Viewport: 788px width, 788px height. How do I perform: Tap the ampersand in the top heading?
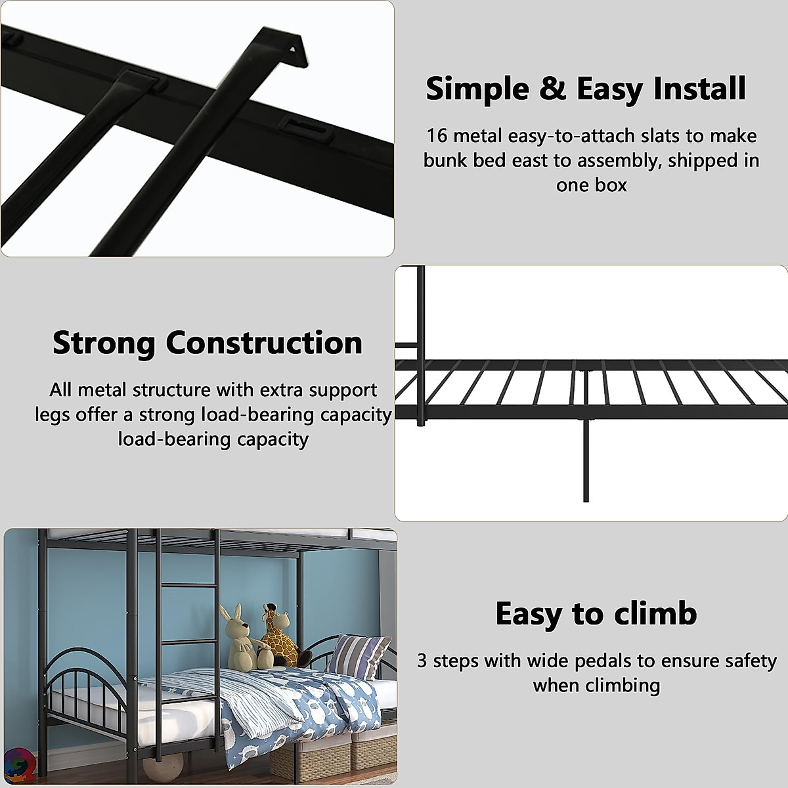(553, 89)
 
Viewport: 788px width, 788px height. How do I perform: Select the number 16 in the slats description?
(436, 136)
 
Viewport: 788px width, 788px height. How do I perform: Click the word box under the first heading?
(611, 185)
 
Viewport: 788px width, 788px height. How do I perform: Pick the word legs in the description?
(52, 415)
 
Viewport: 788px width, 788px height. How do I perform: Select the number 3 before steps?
(422, 661)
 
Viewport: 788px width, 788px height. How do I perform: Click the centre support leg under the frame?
(586, 460)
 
